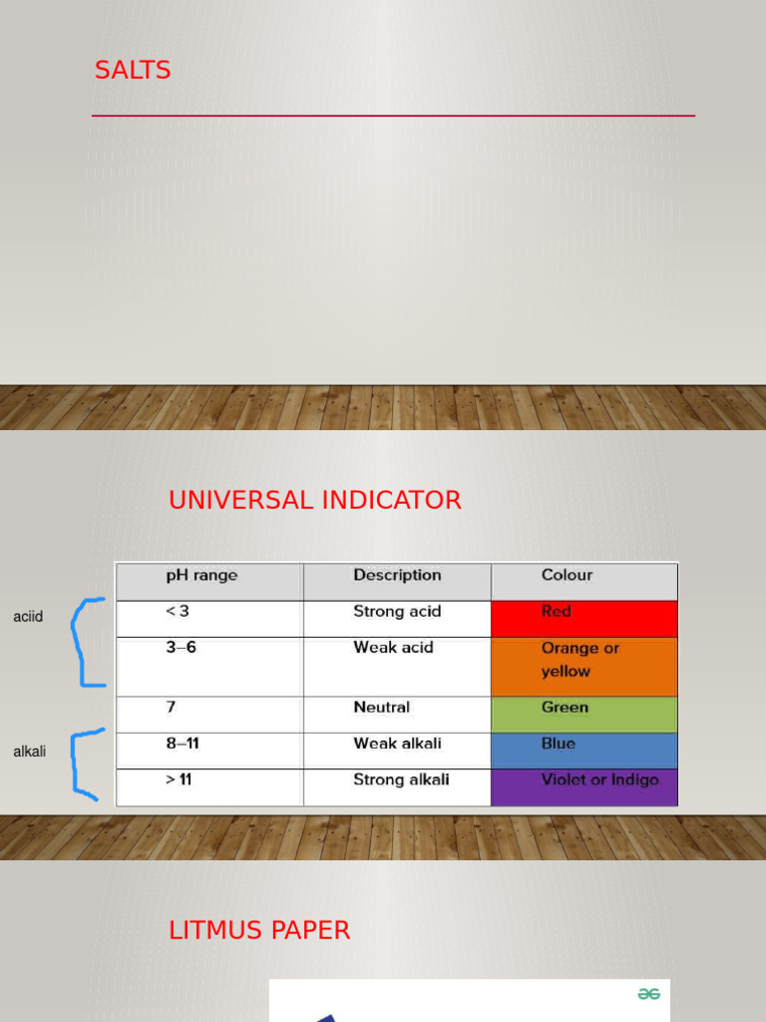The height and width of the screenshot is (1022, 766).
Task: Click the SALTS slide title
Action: [133, 71]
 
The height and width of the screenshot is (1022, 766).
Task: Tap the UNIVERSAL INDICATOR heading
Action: [314, 500]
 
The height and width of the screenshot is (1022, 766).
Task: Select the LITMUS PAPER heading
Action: [259, 930]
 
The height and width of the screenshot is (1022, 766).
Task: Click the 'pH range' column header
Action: [201, 576]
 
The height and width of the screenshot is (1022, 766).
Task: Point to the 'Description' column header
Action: [397, 576]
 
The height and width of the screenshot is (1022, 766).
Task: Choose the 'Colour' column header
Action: [567, 576]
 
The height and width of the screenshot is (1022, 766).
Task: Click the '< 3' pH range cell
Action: [178, 612]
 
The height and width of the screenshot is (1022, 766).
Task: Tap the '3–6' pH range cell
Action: [181, 648]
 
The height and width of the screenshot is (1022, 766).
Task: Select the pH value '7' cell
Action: [171, 708]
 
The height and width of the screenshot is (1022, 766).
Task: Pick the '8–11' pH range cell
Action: [184, 744]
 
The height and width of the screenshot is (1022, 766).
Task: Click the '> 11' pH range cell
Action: [180, 779]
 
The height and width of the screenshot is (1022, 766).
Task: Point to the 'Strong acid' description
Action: [397, 612]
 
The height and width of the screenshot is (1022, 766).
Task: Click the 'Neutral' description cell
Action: [381, 708]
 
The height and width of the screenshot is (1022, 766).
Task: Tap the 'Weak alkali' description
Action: [397, 744]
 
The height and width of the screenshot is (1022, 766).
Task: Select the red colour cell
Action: [584, 619]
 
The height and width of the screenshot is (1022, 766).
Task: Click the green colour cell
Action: [584, 715]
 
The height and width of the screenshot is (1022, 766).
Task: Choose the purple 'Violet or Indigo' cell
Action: [584, 787]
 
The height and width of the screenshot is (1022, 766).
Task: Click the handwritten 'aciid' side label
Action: [28, 617]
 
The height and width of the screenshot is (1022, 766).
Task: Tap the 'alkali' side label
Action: [29, 752]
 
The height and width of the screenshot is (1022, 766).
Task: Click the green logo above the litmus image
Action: [649, 994]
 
